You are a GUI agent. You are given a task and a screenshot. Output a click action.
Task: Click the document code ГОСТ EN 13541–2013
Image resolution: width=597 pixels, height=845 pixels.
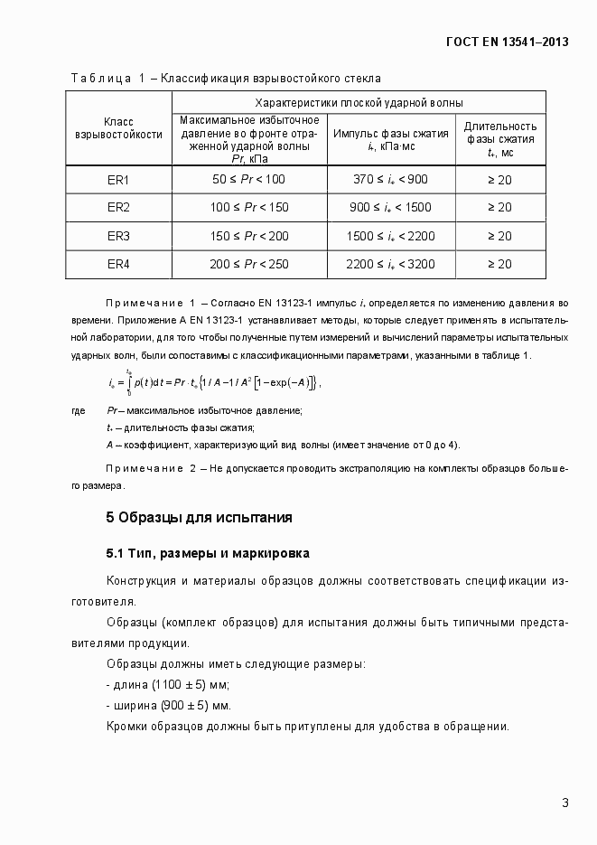[508, 42]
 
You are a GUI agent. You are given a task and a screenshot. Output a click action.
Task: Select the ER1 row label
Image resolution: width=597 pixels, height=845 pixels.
[119, 180]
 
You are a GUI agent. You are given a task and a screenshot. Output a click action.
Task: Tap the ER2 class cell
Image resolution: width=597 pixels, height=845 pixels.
[119, 208]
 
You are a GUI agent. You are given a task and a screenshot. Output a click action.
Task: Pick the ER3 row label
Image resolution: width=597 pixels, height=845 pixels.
[119, 236]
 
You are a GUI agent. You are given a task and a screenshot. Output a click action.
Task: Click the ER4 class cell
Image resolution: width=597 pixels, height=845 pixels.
[119, 264]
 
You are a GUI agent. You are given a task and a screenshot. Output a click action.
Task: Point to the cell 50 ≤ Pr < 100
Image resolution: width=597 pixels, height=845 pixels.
[248, 180]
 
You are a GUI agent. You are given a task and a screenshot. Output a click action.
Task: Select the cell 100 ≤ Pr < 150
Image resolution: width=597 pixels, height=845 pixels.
[248, 208]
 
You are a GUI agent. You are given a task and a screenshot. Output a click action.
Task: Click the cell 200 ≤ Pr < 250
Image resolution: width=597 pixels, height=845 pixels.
[248, 264]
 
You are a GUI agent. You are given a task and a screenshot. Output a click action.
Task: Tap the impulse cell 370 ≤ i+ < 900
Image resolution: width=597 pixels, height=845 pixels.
[390, 180]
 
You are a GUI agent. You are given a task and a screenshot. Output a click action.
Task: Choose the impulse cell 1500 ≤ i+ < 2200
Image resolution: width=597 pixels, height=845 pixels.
[390, 236]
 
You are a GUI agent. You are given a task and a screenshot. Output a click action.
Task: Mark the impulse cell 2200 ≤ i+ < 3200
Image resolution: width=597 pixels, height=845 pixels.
[390, 264]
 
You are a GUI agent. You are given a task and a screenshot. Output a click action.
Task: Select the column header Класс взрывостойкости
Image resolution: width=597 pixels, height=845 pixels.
[119, 127]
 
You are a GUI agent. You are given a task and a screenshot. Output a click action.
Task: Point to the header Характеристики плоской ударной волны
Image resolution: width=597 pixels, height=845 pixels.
[359, 102]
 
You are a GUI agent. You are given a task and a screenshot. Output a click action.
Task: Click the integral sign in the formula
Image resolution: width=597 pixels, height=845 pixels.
[129, 383]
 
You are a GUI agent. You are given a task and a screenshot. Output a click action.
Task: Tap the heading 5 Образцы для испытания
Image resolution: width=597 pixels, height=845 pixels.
[200, 518]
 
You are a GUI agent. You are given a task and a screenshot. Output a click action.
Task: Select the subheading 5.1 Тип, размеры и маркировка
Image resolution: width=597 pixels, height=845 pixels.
[208, 552]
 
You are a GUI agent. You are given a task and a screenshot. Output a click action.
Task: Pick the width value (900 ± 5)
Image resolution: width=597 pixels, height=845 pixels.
[182, 705]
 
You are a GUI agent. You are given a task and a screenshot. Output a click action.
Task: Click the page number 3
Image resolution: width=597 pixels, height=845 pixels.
[564, 803]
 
